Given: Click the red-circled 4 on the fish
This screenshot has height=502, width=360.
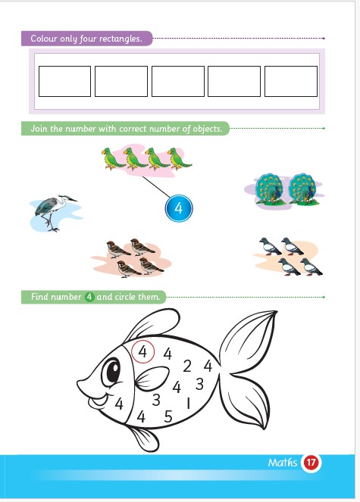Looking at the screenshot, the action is [x=143, y=351].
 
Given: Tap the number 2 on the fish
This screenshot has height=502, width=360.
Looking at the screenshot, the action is [x=187, y=366].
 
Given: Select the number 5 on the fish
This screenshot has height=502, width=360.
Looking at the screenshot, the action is [x=168, y=416].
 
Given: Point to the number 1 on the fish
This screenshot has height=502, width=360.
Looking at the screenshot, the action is [x=189, y=403].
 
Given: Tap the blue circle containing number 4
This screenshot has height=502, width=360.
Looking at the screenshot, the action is [x=179, y=208].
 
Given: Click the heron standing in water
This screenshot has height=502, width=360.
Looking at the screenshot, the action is [x=54, y=211].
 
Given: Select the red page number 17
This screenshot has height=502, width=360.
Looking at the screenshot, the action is [x=311, y=463].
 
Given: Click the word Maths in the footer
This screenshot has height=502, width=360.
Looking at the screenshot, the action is [x=283, y=463].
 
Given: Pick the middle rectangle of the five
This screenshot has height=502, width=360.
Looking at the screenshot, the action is [x=178, y=81].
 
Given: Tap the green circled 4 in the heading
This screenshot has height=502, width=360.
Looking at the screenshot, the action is [x=89, y=297].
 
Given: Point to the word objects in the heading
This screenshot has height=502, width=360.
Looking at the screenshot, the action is [x=207, y=129].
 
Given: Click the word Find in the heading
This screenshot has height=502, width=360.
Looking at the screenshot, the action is [x=39, y=297].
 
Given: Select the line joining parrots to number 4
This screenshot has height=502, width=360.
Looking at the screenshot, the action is [x=156, y=187].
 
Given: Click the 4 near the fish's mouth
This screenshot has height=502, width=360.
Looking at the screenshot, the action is [x=119, y=404].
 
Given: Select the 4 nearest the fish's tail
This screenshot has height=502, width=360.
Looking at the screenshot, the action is [x=208, y=366].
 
